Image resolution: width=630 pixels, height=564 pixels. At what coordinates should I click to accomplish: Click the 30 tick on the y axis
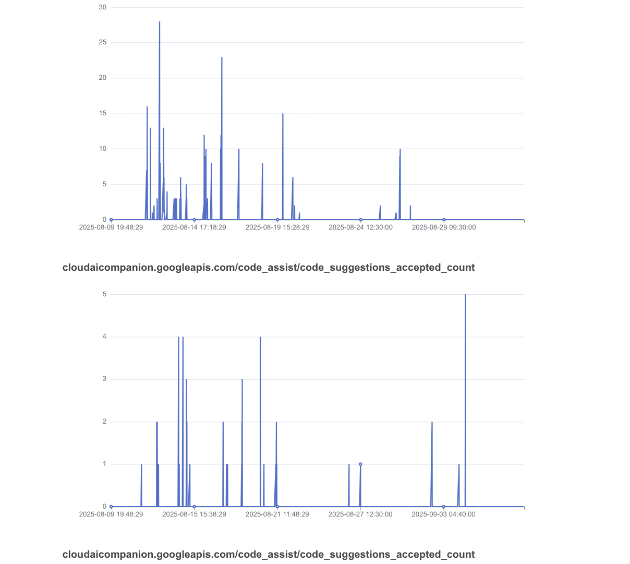[x=103, y=7]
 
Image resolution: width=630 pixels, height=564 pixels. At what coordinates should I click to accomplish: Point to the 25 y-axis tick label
[x=103, y=43]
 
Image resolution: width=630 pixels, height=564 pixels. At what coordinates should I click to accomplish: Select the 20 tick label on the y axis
[x=103, y=78]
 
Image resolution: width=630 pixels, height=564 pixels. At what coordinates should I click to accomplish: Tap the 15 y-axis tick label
[x=103, y=113]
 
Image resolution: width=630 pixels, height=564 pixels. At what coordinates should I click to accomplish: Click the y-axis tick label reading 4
[x=104, y=337]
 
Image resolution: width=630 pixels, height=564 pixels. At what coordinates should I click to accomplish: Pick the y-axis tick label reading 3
[x=104, y=379]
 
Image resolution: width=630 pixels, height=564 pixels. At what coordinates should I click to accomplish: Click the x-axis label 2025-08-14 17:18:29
[x=194, y=227]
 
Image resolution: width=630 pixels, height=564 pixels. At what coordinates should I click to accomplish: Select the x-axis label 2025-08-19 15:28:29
[x=277, y=227]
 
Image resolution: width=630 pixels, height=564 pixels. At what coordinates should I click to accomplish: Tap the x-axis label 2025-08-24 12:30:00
[x=360, y=227]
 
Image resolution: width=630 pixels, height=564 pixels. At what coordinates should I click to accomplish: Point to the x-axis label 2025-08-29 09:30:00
[x=444, y=227]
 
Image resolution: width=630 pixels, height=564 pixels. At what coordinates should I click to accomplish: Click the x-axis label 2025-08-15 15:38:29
[x=194, y=514]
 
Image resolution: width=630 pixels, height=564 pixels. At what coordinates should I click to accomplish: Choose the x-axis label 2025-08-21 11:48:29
[x=277, y=514]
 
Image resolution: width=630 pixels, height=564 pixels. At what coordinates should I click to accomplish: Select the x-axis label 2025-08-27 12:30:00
[x=360, y=514]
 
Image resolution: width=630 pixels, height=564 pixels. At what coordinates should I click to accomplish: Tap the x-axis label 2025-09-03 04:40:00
[x=443, y=514]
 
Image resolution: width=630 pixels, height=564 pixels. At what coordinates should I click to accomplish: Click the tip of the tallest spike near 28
[x=160, y=22]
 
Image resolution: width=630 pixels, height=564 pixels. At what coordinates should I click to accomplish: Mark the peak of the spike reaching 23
[x=222, y=57]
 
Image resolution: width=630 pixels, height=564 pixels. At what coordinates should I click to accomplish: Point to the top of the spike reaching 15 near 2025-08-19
[x=283, y=114]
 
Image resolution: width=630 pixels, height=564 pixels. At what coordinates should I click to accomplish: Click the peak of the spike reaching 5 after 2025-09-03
[x=465, y=295]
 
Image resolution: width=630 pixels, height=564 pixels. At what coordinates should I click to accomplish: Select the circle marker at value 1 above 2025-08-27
[x=360, y=464]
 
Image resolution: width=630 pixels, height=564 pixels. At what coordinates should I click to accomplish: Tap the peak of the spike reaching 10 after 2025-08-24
[x=400, y=149]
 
